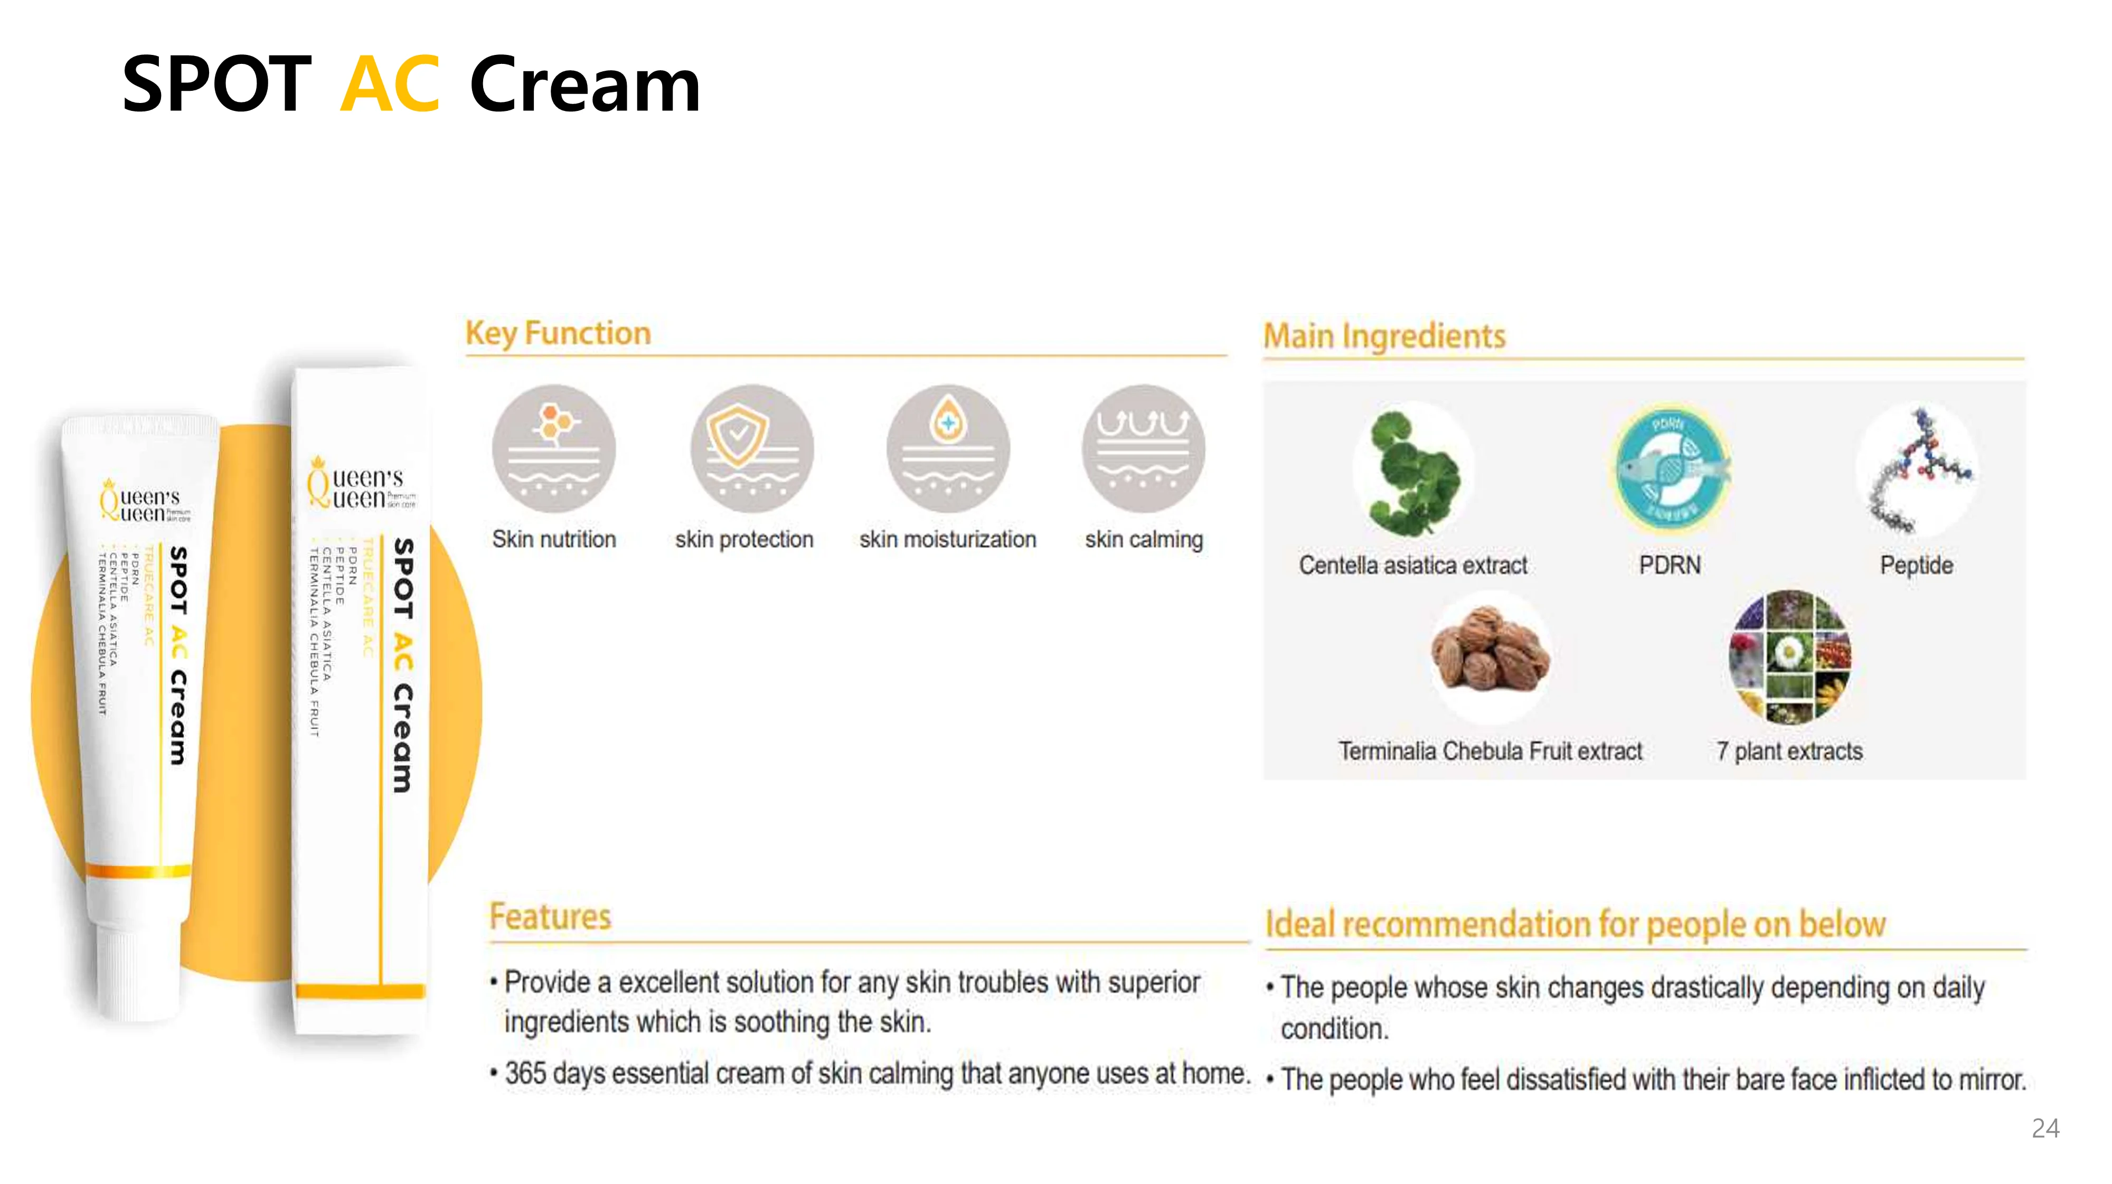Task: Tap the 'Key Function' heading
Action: click(x=558, y=333)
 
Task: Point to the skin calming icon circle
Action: click(x=1143, y=448)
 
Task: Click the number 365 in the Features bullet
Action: click(x=525, y=1073)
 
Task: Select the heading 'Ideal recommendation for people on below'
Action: click(x=1575, y=924)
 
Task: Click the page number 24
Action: click(x=2045, y=1128)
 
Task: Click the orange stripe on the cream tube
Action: click(x=138, y=871)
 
